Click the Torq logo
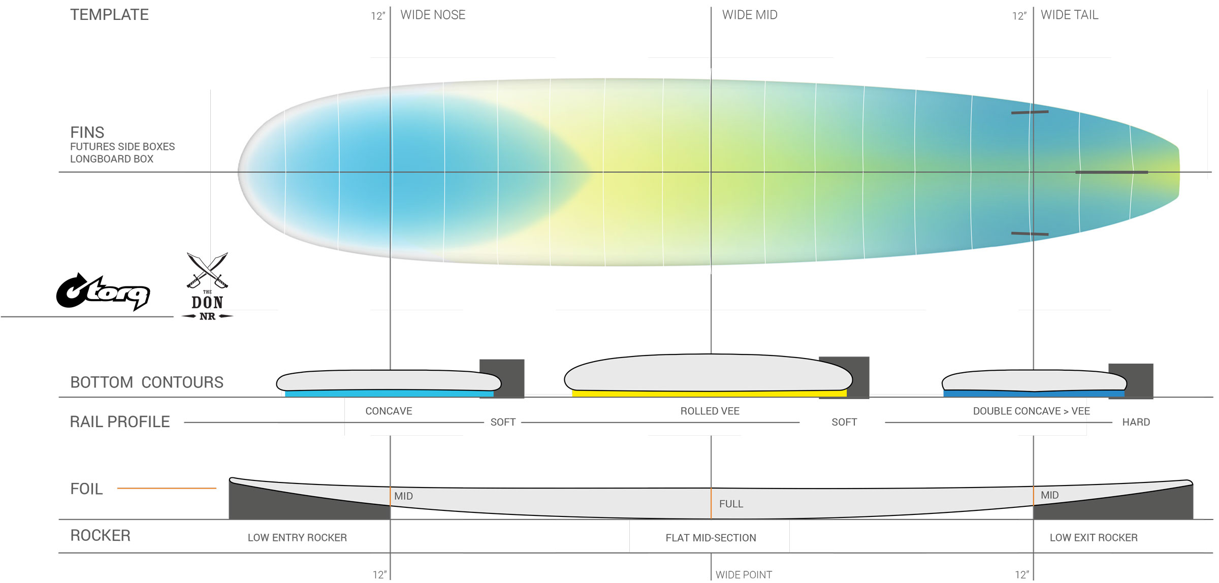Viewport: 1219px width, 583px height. click(103, 291)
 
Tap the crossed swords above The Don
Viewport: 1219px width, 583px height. click(207, 270)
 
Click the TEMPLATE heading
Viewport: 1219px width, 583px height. click(109, 15)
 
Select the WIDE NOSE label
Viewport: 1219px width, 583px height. click(433, 15)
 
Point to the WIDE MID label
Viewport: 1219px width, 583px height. click(750, 15)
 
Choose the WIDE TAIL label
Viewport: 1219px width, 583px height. click(1069, 15)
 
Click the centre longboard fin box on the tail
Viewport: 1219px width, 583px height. click(1111, 172)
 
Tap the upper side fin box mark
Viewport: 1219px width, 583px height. click(1030, 112)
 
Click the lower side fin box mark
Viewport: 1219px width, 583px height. click(1030, 234)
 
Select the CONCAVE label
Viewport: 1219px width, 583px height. click(389, 411)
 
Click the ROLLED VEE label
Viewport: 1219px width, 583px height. click(710, 411)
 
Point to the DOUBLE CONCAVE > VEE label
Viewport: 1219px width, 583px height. click(1031, 411)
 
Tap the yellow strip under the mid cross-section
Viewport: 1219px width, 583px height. click(709, 394)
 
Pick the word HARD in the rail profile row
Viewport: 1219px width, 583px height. click(1136, 422)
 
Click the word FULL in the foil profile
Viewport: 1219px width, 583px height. click(731, 504)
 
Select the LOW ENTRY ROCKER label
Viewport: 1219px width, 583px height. click(297, 537)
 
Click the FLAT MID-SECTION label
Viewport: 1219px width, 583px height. click(711, 538)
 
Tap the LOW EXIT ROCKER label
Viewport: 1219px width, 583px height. click(1094, 537)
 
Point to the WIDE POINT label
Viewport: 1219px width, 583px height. click(744, 574)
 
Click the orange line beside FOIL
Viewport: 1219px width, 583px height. click(167, 488)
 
